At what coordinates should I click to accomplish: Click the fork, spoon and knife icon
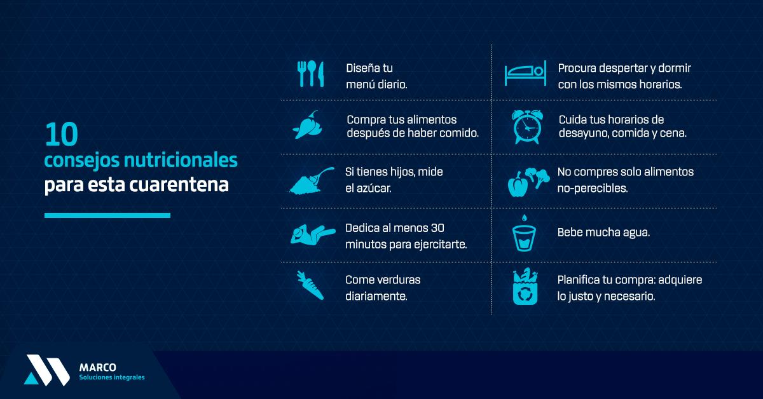click(310, 74)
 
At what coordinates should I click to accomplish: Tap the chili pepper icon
click(307, 125)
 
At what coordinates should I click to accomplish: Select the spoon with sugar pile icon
click(312, 181)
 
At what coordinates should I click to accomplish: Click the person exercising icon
click(313, 234)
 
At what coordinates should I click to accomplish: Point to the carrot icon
click(310, 285)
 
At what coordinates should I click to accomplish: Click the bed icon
click(525, 73)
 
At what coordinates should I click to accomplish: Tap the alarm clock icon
click(526, 126)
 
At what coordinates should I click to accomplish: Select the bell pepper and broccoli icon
click(528, 182)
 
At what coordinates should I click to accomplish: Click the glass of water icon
click(524, 234)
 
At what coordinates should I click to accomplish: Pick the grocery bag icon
click(525, 287)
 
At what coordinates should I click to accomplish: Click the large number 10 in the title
click(62, 134)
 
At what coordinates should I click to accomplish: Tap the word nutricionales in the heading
click(181, 159)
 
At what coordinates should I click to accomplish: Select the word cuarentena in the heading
click(179, 184)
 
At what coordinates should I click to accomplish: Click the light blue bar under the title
click(107, 215)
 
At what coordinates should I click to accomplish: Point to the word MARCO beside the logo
click(98, 367)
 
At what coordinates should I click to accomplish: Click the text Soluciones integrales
click(112, 377)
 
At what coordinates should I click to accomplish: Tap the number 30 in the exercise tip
click(437, 228)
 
